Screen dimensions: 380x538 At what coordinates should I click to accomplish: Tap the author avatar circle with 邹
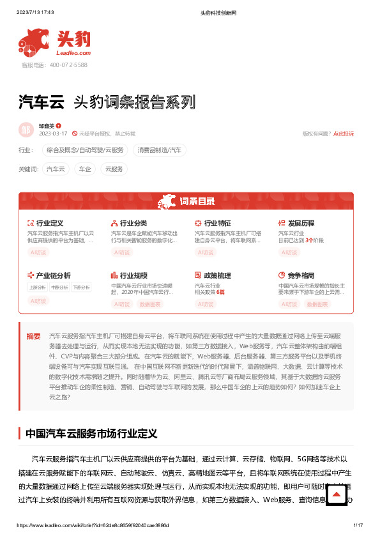(x=26, y=130)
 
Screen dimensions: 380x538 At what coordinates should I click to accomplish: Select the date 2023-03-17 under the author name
(x=53, y=134)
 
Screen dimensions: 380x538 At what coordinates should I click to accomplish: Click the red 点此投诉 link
(x=343, y=134)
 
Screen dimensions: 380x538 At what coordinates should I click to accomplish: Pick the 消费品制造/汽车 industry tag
(x=160, y=150)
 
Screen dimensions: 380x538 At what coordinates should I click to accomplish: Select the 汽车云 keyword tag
(x=56, y=169)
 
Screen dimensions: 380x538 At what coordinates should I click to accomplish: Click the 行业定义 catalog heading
(x=49, y=224)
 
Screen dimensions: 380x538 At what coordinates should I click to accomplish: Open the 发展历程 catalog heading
(x=301, y=224)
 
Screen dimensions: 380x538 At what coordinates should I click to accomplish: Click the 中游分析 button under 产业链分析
(x=59, y=288)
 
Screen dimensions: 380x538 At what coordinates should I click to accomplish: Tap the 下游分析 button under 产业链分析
(x=80, y=288)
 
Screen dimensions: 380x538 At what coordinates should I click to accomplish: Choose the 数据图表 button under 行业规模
(x=151, y=305)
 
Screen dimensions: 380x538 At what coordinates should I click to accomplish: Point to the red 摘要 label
(x=33, y=336)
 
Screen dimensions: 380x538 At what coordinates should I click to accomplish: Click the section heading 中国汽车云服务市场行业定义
(x=91, y=433)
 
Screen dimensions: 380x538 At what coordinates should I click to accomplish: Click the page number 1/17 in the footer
(x=358, y=525)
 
